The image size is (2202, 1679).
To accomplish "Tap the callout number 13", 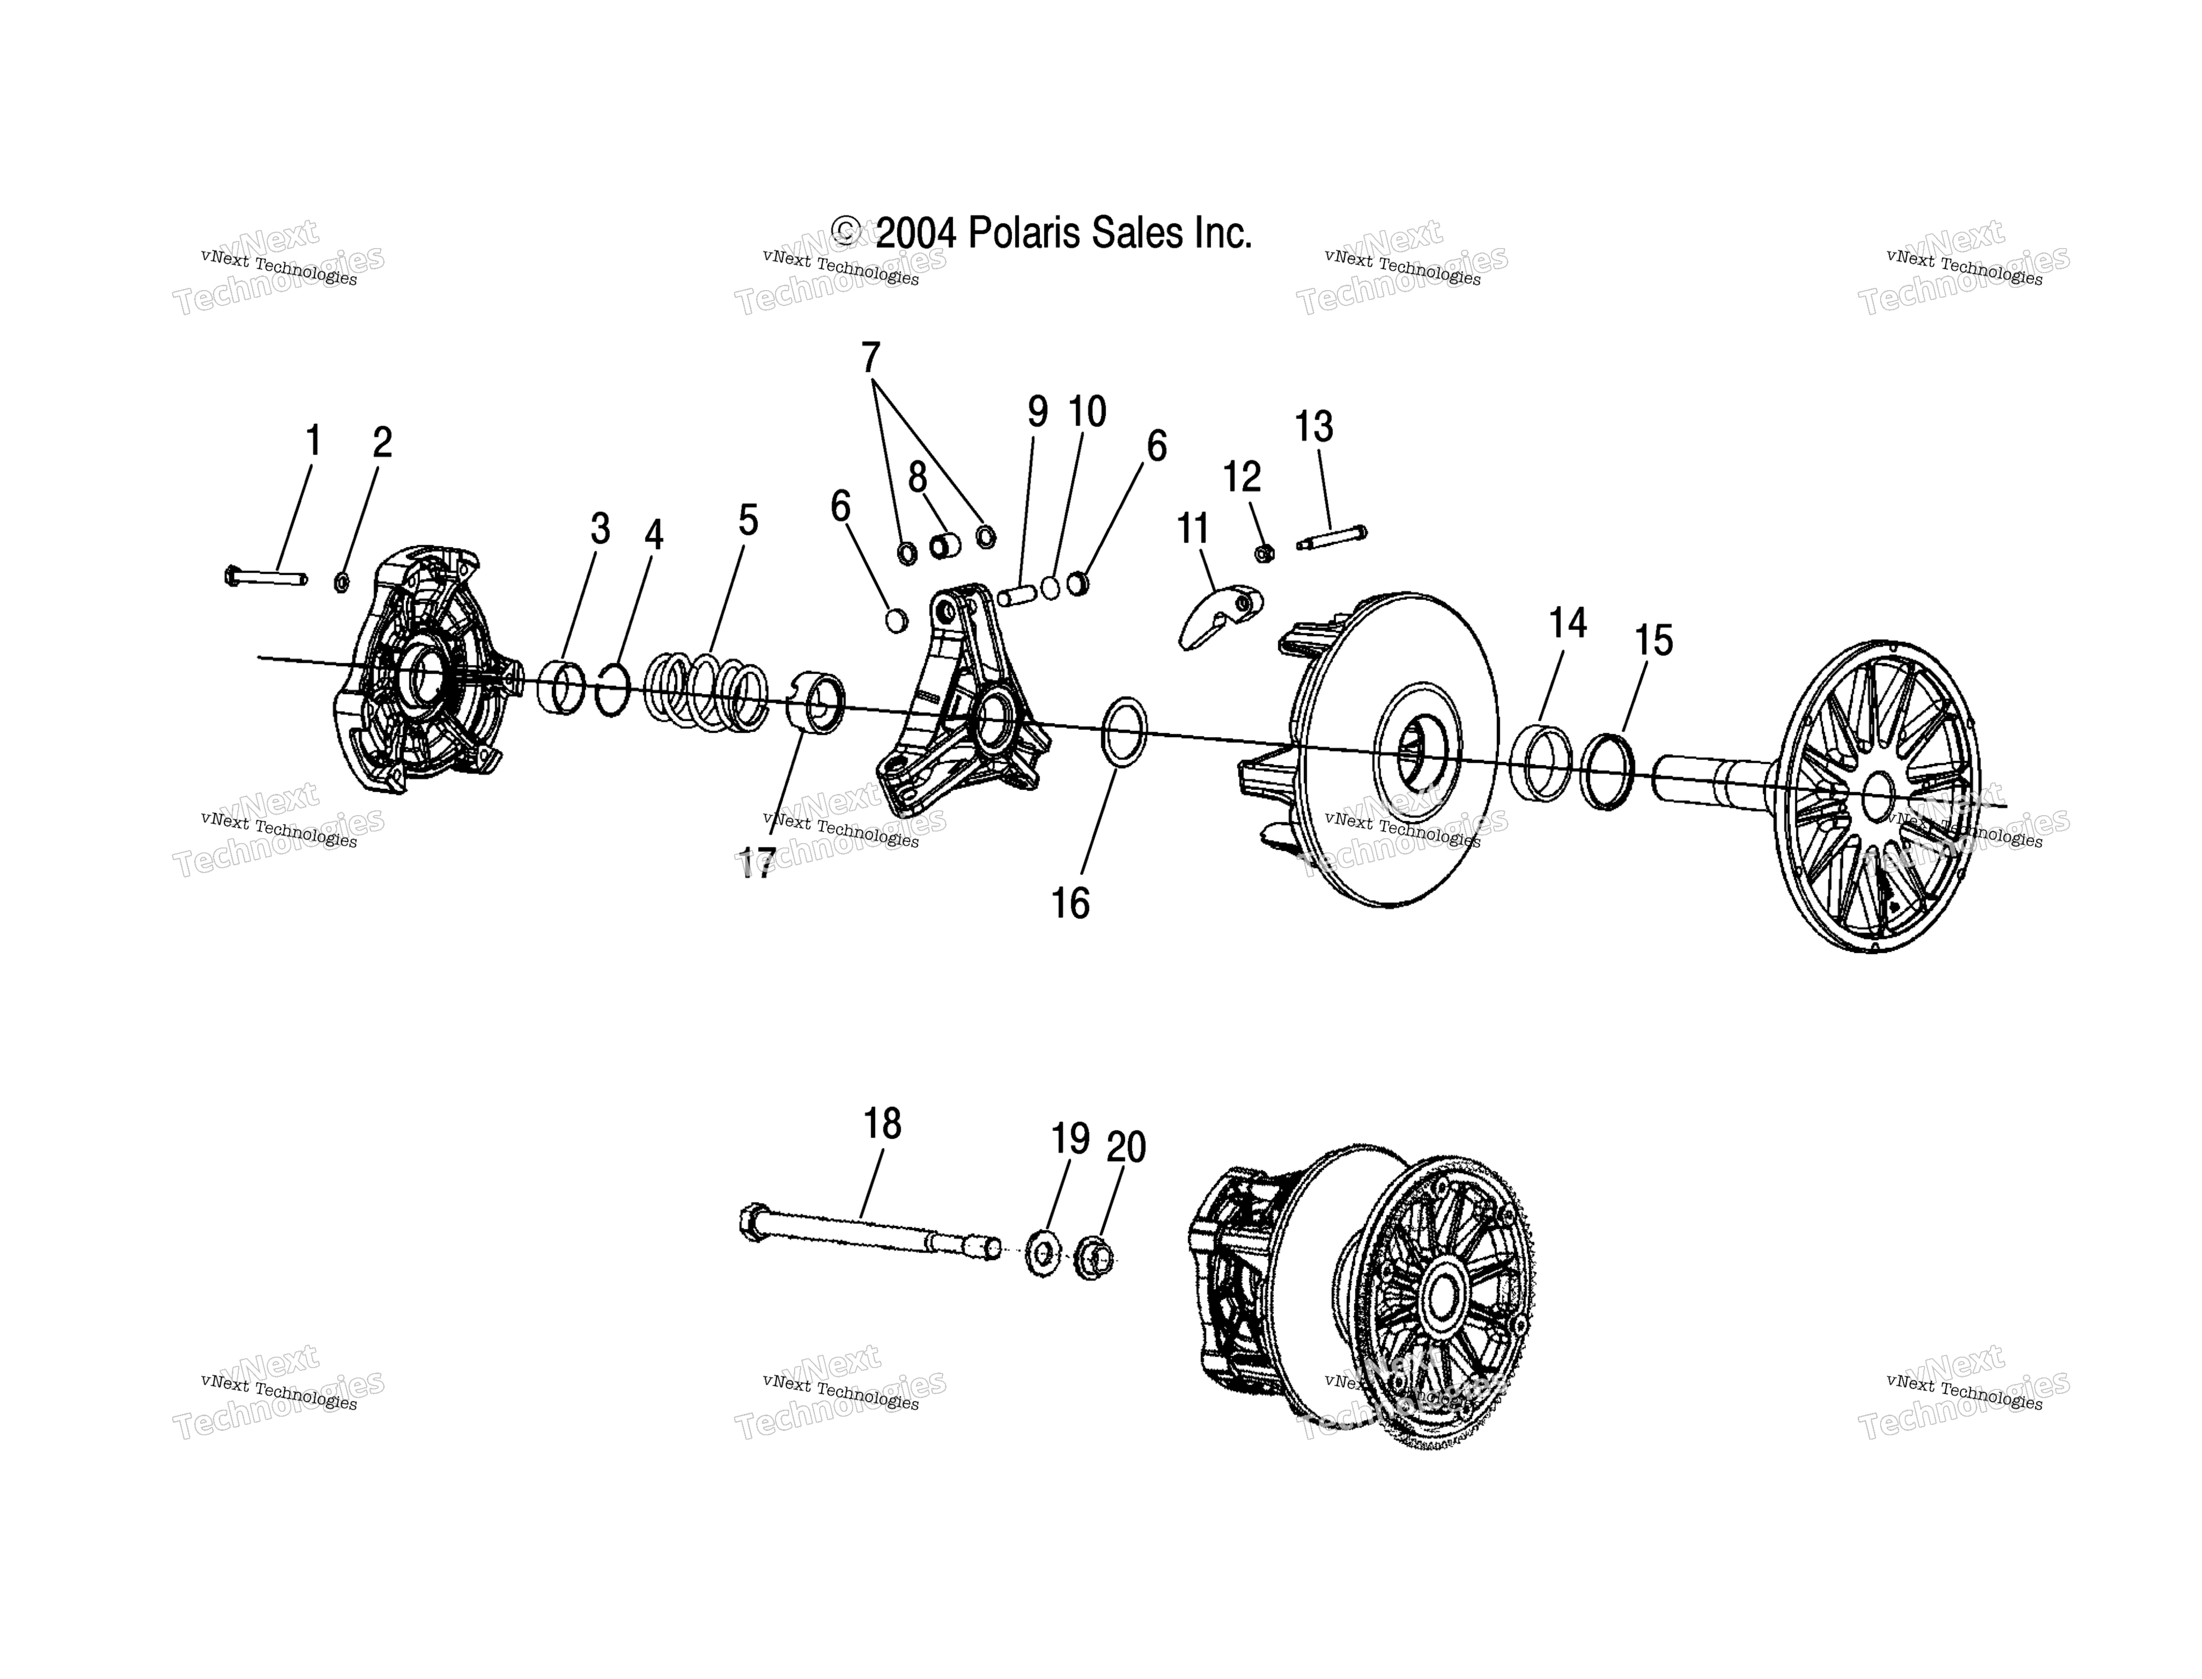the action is click(1313, 427).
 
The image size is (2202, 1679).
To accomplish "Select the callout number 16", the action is click(1070, 904).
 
